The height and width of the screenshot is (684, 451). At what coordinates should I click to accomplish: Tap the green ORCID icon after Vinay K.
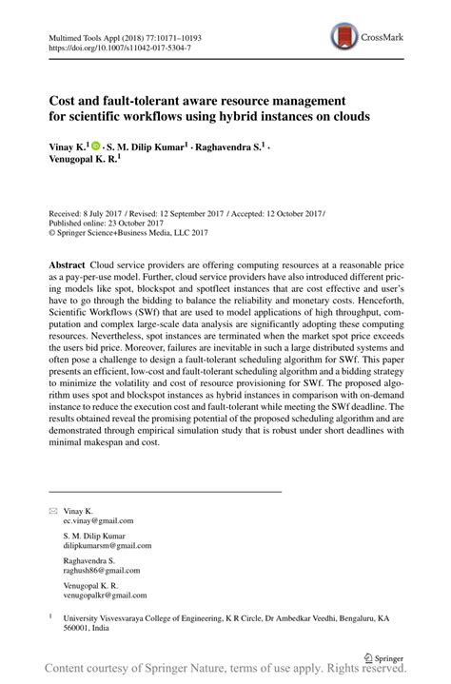click(x=96, y=147)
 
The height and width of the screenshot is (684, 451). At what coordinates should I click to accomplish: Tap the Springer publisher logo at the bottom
click(x=383, y=656)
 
